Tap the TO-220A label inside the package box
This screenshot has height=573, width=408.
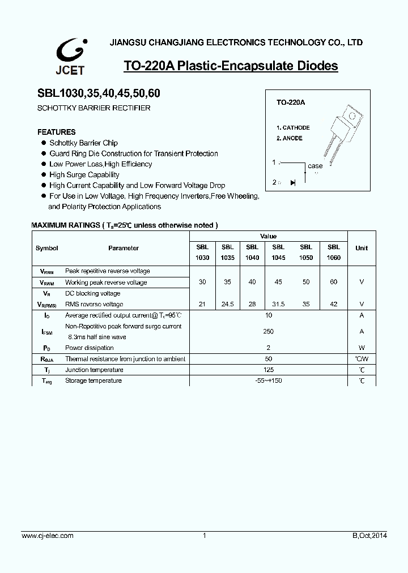click(x=290, y=103)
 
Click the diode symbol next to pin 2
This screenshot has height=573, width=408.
click(x=292, y=182)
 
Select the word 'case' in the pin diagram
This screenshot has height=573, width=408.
click(x=315, y=166)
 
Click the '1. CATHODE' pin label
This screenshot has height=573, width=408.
click(x=293, y=128)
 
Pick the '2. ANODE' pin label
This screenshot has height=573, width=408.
click(x=289, y=138)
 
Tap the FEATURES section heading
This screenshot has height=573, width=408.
click(x=57, y=132)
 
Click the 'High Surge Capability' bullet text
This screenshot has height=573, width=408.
click(x=84, y=175)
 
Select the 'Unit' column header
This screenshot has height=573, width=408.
click(x=361, y=248)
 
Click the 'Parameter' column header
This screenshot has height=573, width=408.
click(x=124, y=248)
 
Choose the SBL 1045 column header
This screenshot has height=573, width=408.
click(x=278, y=252)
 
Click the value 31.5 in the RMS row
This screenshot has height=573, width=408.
click(x=278, y=304)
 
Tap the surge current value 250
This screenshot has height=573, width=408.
click(x=269, y=331)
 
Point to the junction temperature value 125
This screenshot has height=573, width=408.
click(x=269, y=370)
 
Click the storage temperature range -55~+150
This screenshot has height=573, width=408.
click(x=269, y=380)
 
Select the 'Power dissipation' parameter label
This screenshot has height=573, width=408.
click(x=90, y=348)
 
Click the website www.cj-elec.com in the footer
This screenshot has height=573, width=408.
click(x=47, y=536)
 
